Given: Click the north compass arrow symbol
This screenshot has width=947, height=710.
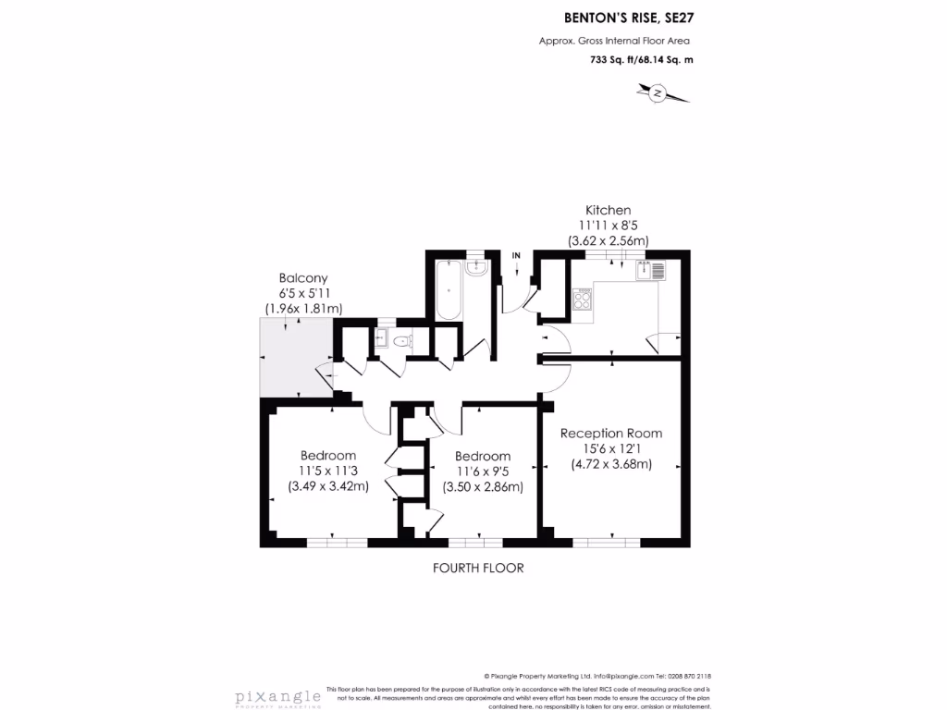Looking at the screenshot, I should point(658,92).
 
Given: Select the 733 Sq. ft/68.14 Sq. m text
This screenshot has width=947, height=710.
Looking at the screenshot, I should point(641,60).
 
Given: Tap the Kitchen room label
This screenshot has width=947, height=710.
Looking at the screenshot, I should point(608,211).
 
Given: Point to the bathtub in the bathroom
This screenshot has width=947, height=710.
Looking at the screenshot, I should point(448,289).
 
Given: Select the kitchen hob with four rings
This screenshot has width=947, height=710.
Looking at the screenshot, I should point(584,299).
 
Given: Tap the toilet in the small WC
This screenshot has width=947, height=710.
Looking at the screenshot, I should point(400,342).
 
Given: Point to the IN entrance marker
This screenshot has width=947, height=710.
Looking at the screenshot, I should point(516,255).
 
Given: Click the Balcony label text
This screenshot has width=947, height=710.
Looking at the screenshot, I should point(303,277).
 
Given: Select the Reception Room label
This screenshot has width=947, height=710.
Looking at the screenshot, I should point(611,433).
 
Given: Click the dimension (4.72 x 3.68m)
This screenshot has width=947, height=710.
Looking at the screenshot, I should point(611,464).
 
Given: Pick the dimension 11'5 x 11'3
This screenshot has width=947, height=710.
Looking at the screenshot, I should point(328,471).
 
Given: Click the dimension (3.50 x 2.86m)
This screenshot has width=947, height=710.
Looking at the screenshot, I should point(483,486).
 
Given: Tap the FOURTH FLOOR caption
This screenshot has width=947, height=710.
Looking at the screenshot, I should point(478,568).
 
